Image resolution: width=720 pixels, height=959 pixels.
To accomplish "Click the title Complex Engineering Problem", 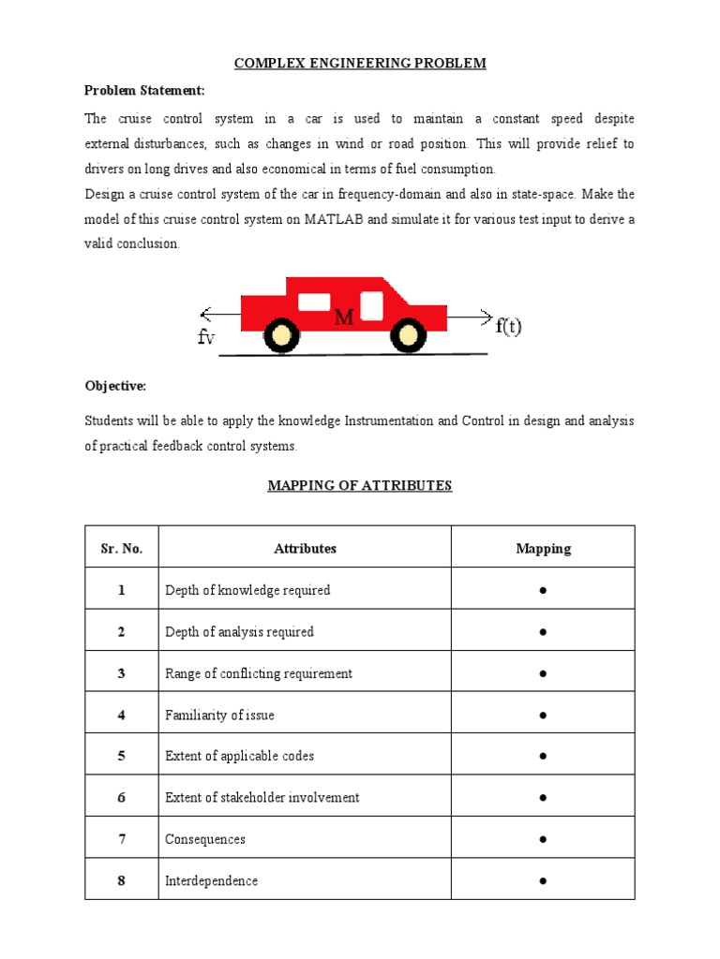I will tap(360, 64).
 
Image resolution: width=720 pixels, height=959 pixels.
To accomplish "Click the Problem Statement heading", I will tap(144, 91).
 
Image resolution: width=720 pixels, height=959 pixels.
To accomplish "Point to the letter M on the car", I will tap(344, 318).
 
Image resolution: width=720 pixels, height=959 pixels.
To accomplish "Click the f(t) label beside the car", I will tap(509, 326).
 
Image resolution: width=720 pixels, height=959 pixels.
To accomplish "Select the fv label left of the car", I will tap(206, 338).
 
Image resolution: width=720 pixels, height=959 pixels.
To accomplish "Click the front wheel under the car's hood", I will tap(407, 334).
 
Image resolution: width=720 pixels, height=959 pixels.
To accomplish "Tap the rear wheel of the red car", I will tap(281, 334).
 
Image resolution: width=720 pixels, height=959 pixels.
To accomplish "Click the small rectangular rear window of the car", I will tap(314, 302).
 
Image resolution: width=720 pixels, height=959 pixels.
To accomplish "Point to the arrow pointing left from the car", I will tap(220, 315).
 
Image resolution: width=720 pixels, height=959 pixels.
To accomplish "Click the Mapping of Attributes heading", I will tap(360, 485).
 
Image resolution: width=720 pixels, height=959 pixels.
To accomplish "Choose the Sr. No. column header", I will tap(122, 549).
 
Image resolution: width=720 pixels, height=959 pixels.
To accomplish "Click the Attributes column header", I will tap(305, 549).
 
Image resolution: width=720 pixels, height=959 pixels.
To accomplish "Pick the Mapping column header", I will tap(543, 549).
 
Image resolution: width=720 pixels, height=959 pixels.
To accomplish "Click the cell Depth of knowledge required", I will tap(247, 590).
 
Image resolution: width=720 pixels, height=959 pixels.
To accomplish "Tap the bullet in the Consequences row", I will tap(543, 839).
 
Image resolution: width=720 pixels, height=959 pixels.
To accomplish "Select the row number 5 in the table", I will tap(122, 756).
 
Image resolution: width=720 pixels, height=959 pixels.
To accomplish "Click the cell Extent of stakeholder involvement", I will tap(262, 797).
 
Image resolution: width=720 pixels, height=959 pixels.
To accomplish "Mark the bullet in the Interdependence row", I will tap(543, 880).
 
